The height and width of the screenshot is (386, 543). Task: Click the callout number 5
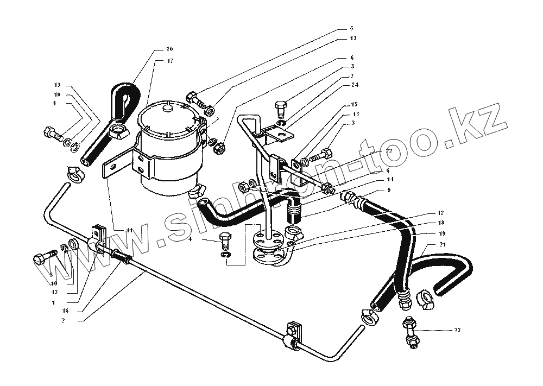pos(351,28)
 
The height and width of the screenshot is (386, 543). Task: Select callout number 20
pos(170,49)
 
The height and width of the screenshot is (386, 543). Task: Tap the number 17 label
pos(170,61)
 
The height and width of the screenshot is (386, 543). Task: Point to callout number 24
pos(353,85)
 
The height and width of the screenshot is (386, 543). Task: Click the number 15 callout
pos(353,104)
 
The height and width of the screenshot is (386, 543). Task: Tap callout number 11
pos(129,230)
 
